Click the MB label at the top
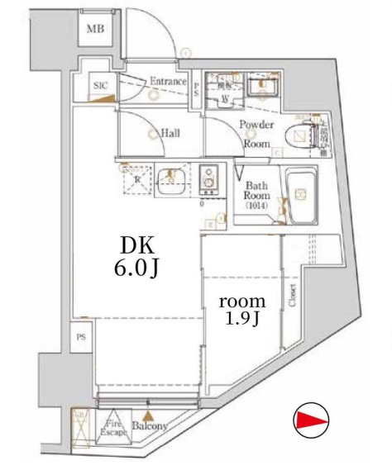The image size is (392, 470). (97, 31)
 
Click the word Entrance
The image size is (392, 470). (169, 81)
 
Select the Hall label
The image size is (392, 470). (171, 133)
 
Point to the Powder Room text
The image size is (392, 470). (256, 133)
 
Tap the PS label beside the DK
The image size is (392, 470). (80, 337)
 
